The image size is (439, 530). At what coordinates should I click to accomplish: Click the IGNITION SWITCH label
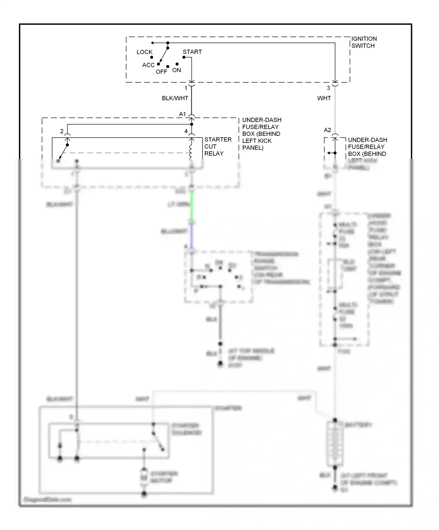(364, 42)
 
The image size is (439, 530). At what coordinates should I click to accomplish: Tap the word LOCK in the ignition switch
(144, 52)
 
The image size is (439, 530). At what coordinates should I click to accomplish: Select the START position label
(192, 52)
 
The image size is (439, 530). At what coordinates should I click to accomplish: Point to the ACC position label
(148, 65)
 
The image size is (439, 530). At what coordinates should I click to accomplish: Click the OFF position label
(161, 72)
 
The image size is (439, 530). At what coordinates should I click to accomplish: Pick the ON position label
(176, 70)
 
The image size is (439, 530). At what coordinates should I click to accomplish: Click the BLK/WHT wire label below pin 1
(175, 98)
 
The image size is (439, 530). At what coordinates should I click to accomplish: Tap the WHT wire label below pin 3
(324, 98)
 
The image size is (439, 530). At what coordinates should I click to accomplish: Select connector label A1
(182, 114)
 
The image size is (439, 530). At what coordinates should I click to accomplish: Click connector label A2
(327, 130)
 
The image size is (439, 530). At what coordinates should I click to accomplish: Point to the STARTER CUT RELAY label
(218, 146)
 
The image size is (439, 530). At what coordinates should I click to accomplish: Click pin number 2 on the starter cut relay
(62, 131)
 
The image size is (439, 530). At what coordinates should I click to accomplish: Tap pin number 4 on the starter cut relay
(186, 131)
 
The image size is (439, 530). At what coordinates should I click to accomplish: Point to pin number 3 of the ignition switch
(328, 88)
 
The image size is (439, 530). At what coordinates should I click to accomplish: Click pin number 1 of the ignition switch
(186, 88)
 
